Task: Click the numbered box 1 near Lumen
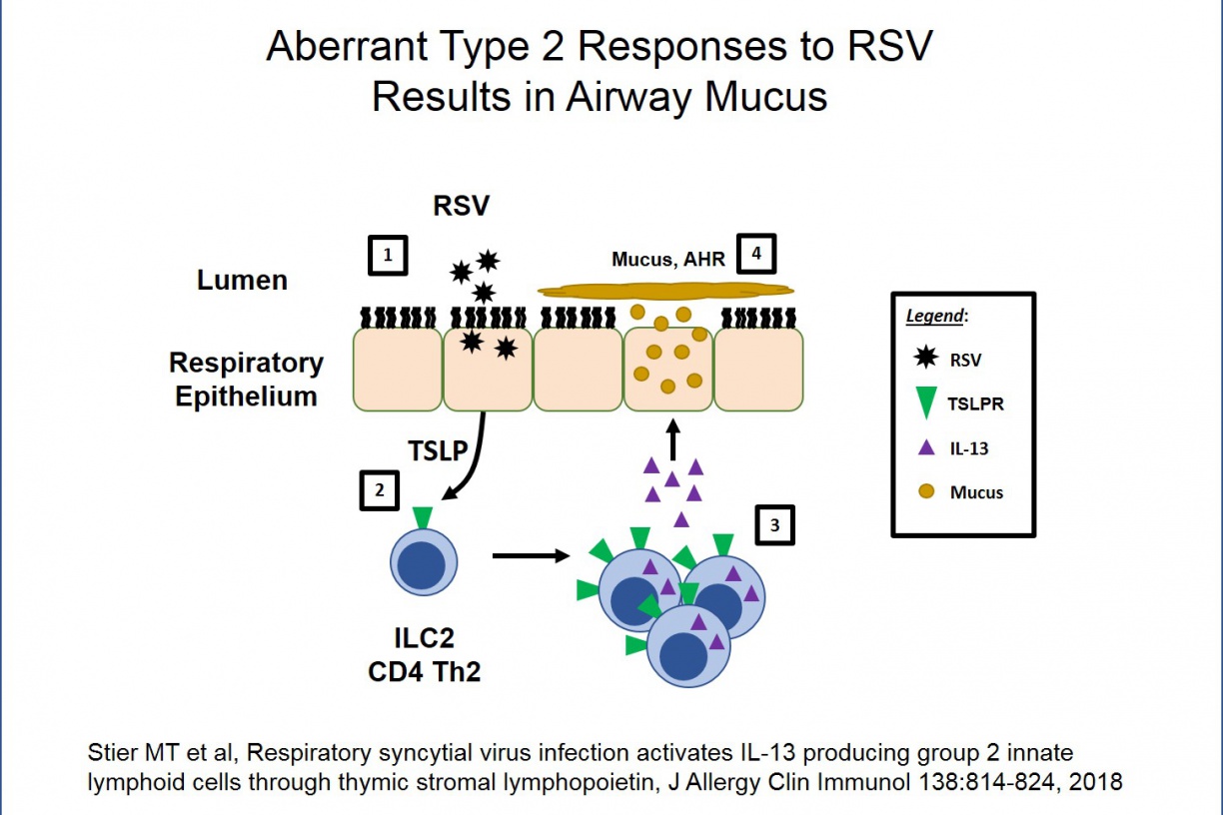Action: pyautogui.click(x=388, y=257)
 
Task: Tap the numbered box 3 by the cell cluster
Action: pyautogui.click(x=774, y=526)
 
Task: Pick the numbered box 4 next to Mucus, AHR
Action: pyautogui.click(x=756, y=254)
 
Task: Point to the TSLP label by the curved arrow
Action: pyautogui.click(x=438, y=450)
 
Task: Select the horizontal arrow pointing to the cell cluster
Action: pyautogui.click(x=530, y=555)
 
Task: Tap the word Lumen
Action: pyautogui.click(x=242, y=280)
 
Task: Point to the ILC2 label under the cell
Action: pyautogui.click(x=425, y=636)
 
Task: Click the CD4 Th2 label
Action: pyautogui.click(x=425, y=670)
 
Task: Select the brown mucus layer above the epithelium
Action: pyautogui.click(x=665, y=291)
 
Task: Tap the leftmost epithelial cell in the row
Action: pyautogui.click(x=398, y=369)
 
